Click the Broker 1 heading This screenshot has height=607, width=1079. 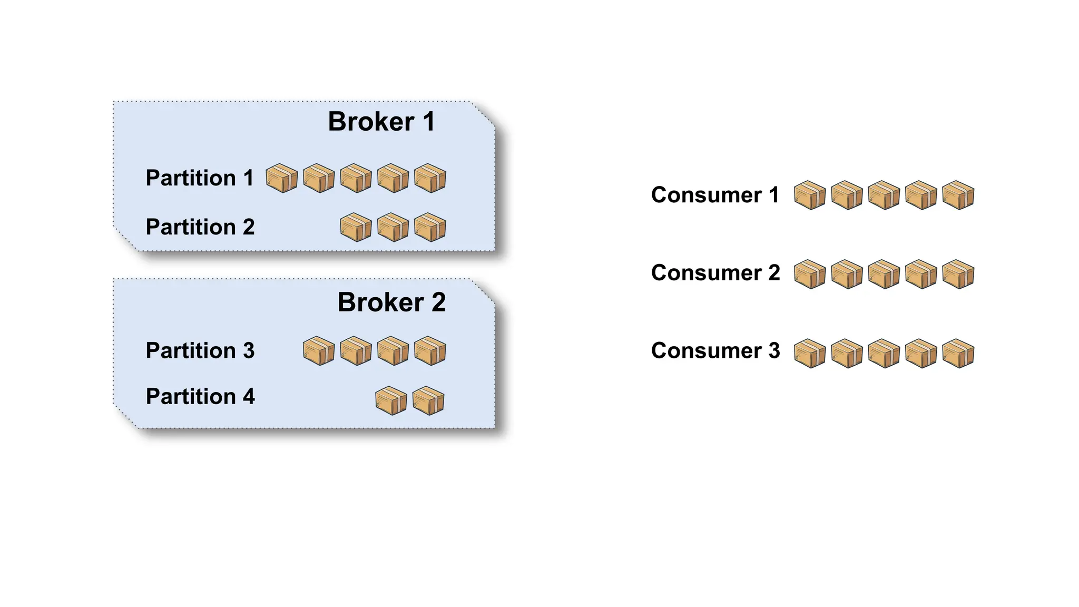pyautogui.click(x=381, y=122)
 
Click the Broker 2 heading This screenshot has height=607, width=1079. pyautogui.click(x=391, y=302)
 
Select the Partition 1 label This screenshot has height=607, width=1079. pyautogui.click(x=200, y=178)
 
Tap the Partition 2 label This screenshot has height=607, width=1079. pyautogui.click(x=200, y=227)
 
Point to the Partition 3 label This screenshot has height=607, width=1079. pyautogui.click(x=200, y=350)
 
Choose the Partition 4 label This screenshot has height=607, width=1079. pyautogui.click(x=200, y=396)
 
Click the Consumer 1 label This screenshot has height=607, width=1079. pyautogui.click(x=715, y=195)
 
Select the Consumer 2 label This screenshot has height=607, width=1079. pyautogui.click(x=715, y=273)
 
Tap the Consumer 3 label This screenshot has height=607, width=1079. pyautogui.click(x=715, y=350)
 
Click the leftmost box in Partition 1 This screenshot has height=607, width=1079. pyautogui.click(x=281, y=178)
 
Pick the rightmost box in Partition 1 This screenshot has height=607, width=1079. pyautogui.click(x=430, y=178)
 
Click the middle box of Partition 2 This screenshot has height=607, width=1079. pyautogui.click(x=393, y=227)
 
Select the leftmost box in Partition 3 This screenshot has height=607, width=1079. pyautogui.click(x=319, y=351)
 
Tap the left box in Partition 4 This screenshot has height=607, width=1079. pyautogui.click(x=391, y=401)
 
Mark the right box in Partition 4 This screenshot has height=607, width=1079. pyautogui.click(x=428, y=401)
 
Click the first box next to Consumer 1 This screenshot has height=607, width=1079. pyautogui.click(x=809, y=195)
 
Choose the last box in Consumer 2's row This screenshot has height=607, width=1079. pyautogui.click(x=958, y=274)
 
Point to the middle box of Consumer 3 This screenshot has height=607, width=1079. pyautogui.click(x=884, y=354)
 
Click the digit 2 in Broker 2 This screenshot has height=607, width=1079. pyautogui.click(x=438, y=302)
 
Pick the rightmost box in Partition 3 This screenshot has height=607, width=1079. pyautogui.click(x=430, y=351)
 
